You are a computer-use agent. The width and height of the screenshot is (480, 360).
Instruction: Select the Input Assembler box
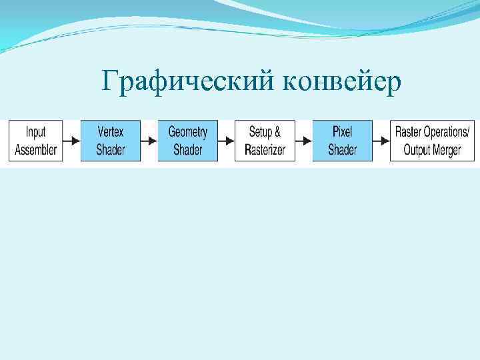click(x=36, y=141)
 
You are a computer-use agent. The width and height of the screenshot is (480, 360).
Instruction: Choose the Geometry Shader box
click(x=187, y=141)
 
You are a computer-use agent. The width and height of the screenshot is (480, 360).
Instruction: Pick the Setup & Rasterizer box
click(x=265, y=141)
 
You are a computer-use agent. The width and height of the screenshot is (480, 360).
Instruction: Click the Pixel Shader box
click(x=342, y=141)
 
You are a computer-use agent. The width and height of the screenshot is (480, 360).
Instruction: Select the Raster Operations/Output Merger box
click(x=432, y=141)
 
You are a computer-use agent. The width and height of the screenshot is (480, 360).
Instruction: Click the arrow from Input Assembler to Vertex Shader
click(x=72, y=141)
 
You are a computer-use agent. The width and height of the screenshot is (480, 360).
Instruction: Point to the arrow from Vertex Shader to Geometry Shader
click(x=149, y=141)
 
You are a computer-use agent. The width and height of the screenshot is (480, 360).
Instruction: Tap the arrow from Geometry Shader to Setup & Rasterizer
click(x=227, y=141)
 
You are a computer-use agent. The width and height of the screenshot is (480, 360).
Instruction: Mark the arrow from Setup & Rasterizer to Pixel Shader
click(x=304, y=141)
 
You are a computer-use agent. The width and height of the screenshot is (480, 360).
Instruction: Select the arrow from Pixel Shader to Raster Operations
click(x=381, y=141)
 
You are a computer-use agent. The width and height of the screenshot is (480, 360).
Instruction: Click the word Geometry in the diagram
click(x=187, y=132)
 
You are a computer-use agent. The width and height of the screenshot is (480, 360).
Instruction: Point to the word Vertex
click(x=110, y=132)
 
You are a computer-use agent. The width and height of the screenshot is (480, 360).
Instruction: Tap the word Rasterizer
click(x=265, y=149)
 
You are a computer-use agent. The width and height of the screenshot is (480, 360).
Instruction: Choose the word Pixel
click(x=342, y=132)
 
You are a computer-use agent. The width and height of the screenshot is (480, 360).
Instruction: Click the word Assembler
click(x=36, y=149)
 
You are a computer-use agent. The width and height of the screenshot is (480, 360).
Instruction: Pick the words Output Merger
click(x=432, y=149)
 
